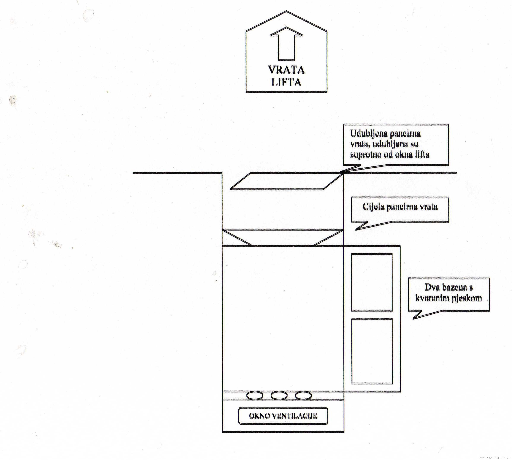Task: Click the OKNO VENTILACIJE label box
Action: click(x=283, y=416)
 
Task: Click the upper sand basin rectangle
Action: click(x=372, y=282)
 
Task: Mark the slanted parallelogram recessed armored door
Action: click(x=286, y=181)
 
